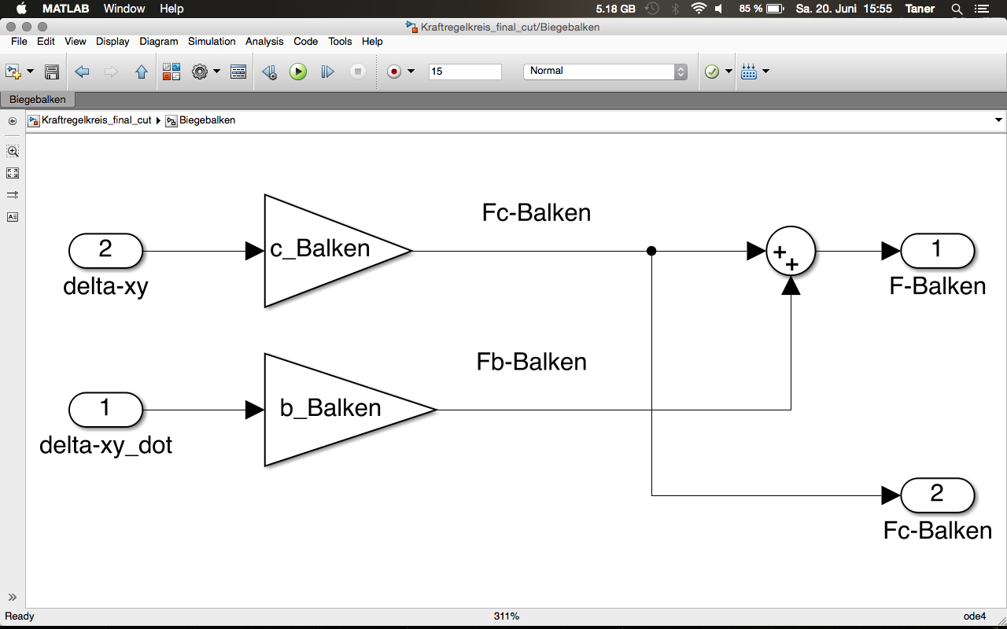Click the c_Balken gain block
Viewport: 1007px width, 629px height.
(330, 250)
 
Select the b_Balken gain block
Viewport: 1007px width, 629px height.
(338, 409)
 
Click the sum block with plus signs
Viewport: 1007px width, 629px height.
(790, 251)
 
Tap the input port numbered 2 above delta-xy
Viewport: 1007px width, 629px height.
(105, 251)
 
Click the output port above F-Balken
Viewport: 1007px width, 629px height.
(937, 251)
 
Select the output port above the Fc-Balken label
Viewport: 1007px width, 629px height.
(937, 495)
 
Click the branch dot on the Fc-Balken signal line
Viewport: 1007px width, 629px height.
(651, 251)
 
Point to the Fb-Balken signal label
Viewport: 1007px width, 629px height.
(532, 362)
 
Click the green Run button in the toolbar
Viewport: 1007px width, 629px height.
(298, 72)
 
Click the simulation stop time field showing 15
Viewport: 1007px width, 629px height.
(464, 72)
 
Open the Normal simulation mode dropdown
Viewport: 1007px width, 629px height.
(604, 72)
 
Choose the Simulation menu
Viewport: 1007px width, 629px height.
(212, 41)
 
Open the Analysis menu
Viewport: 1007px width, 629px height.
(264, 41)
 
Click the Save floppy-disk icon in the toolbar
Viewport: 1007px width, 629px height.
(52, 72)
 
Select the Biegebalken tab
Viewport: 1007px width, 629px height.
(38, 100)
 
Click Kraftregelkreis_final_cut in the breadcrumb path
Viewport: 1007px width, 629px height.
(96, 120)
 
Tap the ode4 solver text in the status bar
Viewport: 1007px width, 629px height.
(974, 616)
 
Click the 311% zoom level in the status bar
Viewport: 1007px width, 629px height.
(507, 616)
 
